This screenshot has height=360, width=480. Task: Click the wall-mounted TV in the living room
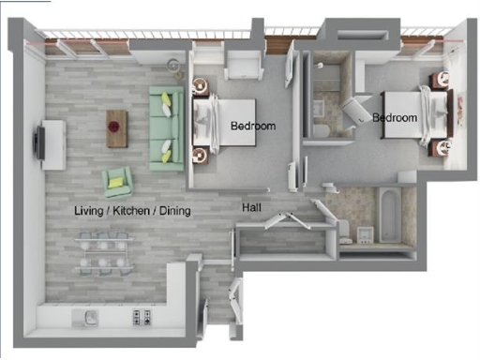coord(37,141)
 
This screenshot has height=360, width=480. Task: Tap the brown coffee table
coord(117,128)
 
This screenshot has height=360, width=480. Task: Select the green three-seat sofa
coord(166,127)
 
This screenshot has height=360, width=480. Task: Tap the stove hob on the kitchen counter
coord(142,317)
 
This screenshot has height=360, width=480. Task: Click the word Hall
coord(251,207)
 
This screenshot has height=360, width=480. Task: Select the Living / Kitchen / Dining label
coord(132,211)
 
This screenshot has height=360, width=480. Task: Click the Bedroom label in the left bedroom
coord(252,126)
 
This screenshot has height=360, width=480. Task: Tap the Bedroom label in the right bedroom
coord(394,118)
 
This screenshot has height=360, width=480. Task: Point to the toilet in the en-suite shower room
coord(320,130)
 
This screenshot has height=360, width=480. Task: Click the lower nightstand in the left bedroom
coord(200,153)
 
